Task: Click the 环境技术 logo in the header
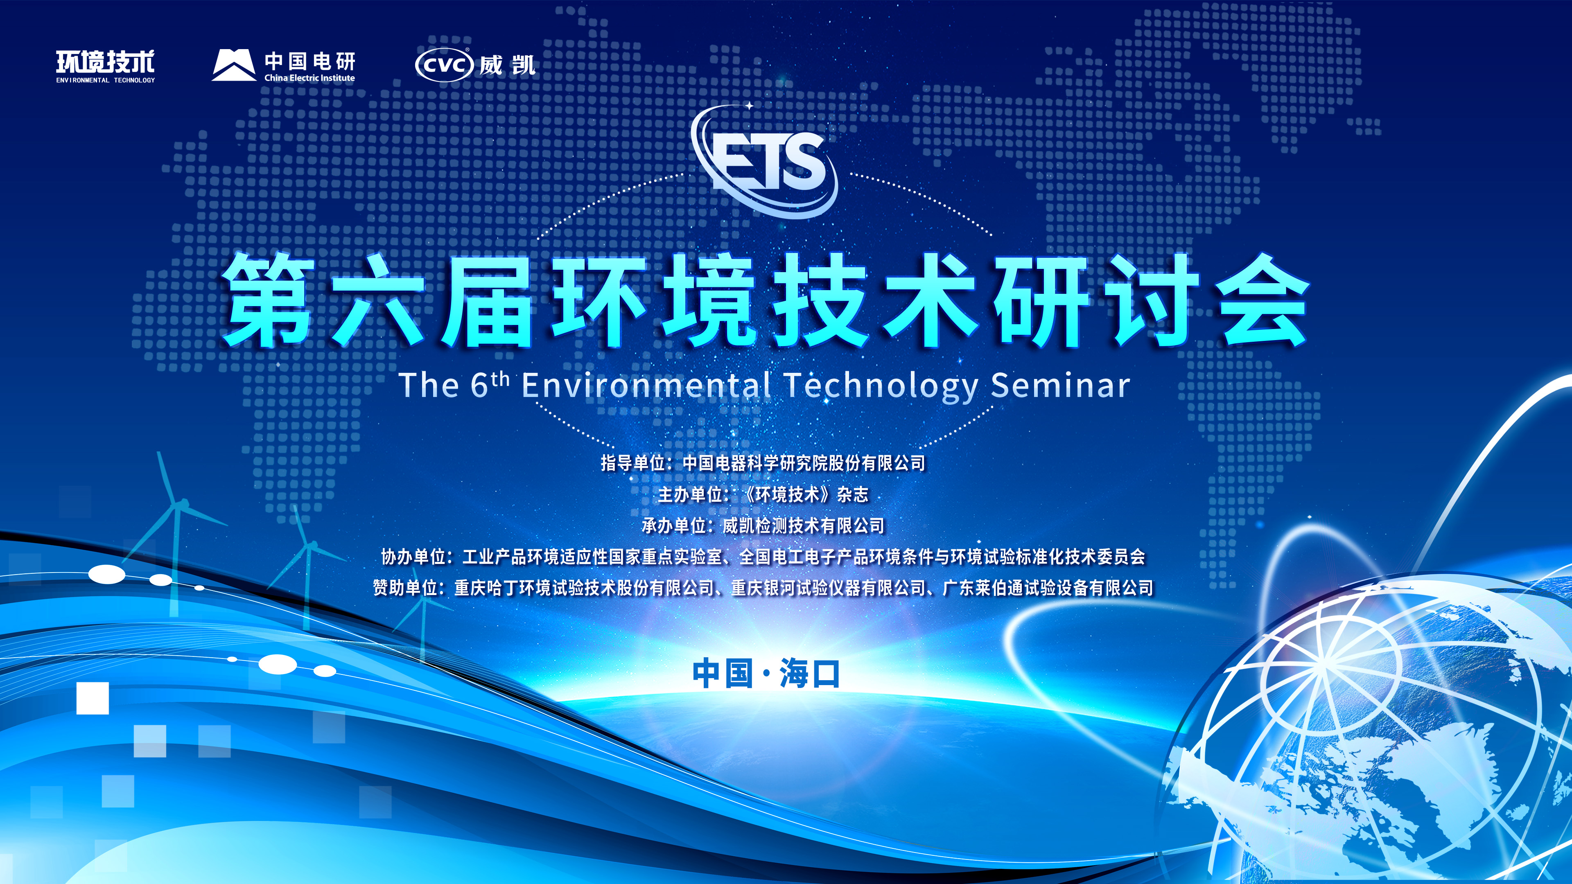click(106, 66)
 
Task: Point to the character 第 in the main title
click(269, 300)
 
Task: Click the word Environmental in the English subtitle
click(646, 386)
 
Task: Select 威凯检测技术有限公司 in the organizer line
click(804, 525)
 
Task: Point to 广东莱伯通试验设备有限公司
click(1048, 588)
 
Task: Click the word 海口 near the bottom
click(810, 674)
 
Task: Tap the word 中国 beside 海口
click(723, 674)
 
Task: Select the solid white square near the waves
click(93, 698)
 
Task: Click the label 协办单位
click(413, 557)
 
